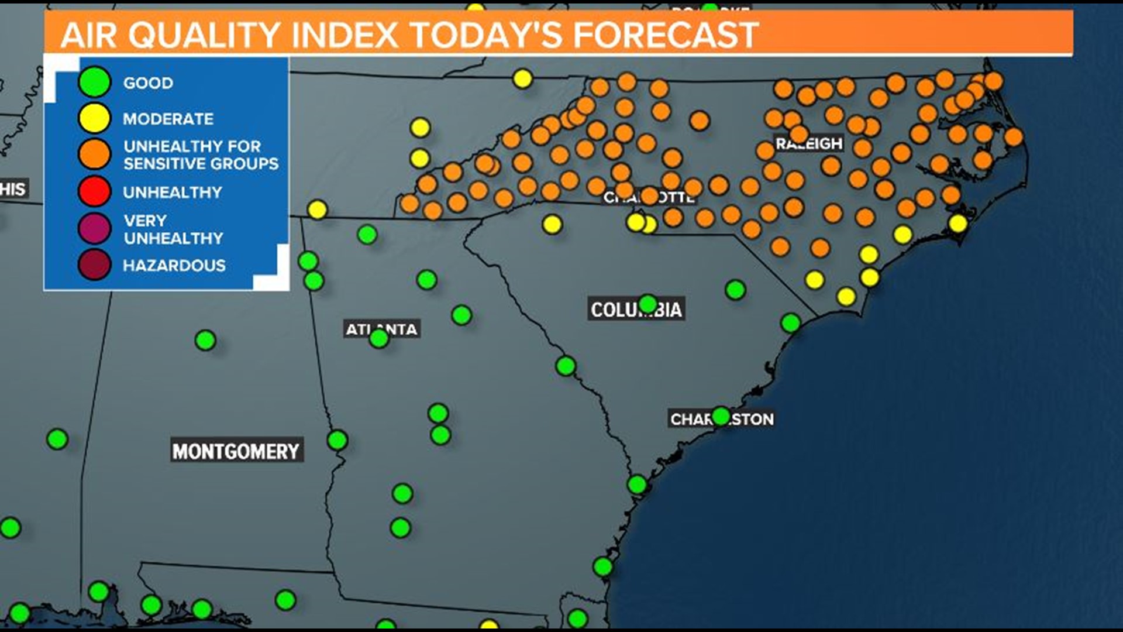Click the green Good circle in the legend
click(94, 82)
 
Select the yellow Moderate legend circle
click(94, 118)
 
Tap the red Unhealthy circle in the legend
click(94, 191)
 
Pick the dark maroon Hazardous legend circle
click(94, 265)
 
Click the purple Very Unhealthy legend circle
click(94, 228)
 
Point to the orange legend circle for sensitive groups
click(94, 154)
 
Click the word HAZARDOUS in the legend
click(174, 266)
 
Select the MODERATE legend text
click(168, 119)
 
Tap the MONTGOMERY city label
click(236, 451)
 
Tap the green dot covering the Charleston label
click(721, 416)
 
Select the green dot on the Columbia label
click(647, 304)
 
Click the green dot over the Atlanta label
click(379, 338)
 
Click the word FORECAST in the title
click(665, 35)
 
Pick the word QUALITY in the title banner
click(204, 35)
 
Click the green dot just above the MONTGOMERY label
click(205, 339)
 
